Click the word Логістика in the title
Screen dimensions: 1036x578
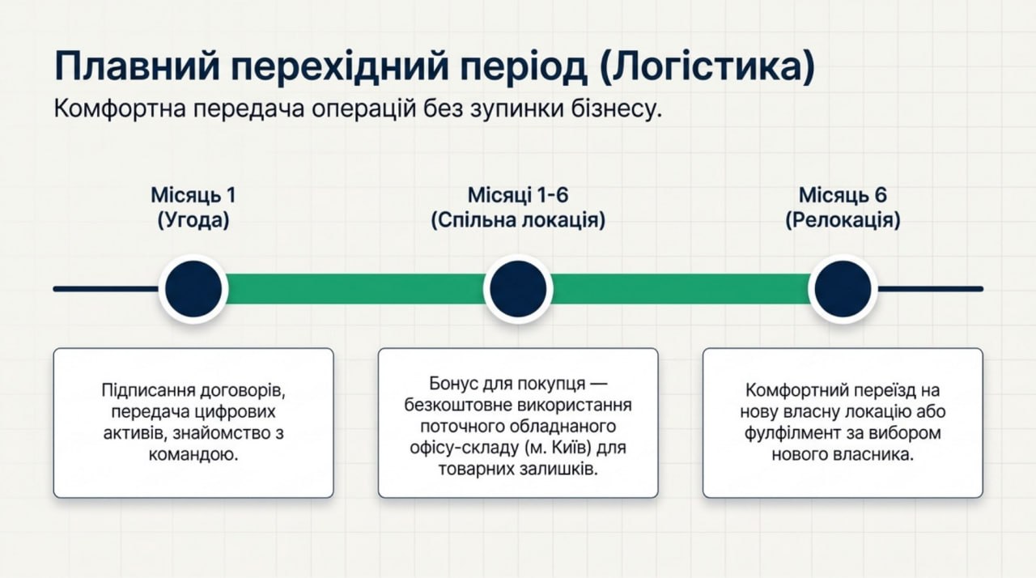coord(707,66)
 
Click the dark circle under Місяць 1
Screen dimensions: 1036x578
coord(193,289)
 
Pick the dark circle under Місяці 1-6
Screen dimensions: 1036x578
coord(518,289)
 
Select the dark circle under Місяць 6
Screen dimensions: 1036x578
coord(843,289)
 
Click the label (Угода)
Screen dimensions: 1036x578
coord(193,220)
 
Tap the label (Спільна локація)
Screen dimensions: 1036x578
coord(518,220)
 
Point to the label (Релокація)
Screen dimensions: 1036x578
coord(843,220)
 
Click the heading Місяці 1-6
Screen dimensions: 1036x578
coord(518,195)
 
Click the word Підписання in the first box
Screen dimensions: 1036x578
coord(148,391)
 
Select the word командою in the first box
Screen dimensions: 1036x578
coord(193,455)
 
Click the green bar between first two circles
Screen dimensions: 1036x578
coord(355,289)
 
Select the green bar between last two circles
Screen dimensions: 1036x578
coord(681,289)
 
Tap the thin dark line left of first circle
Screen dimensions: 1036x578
coord(106,289)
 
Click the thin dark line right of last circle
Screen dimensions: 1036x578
coord(930,289)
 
